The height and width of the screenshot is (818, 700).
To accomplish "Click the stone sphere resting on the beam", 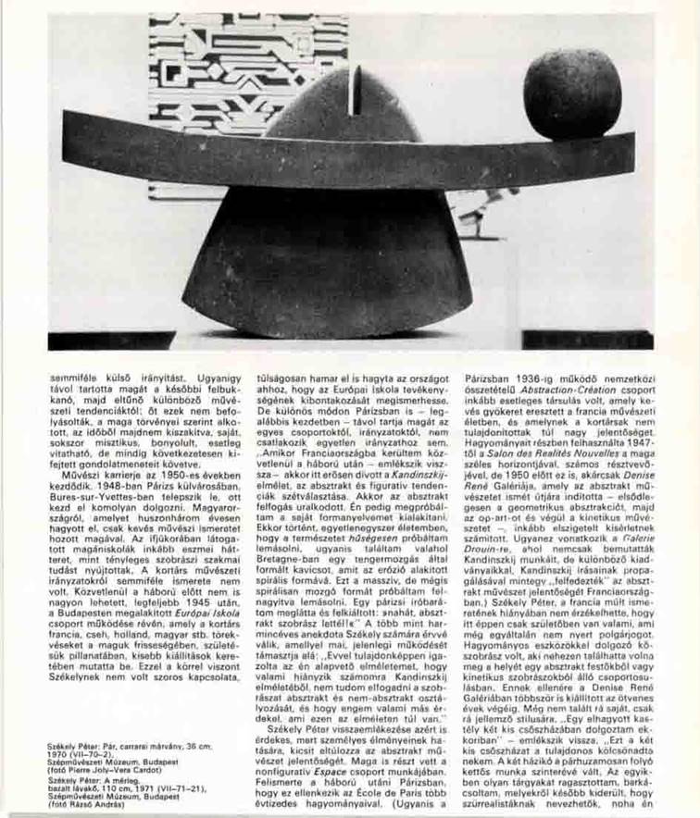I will coord(572,93).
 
